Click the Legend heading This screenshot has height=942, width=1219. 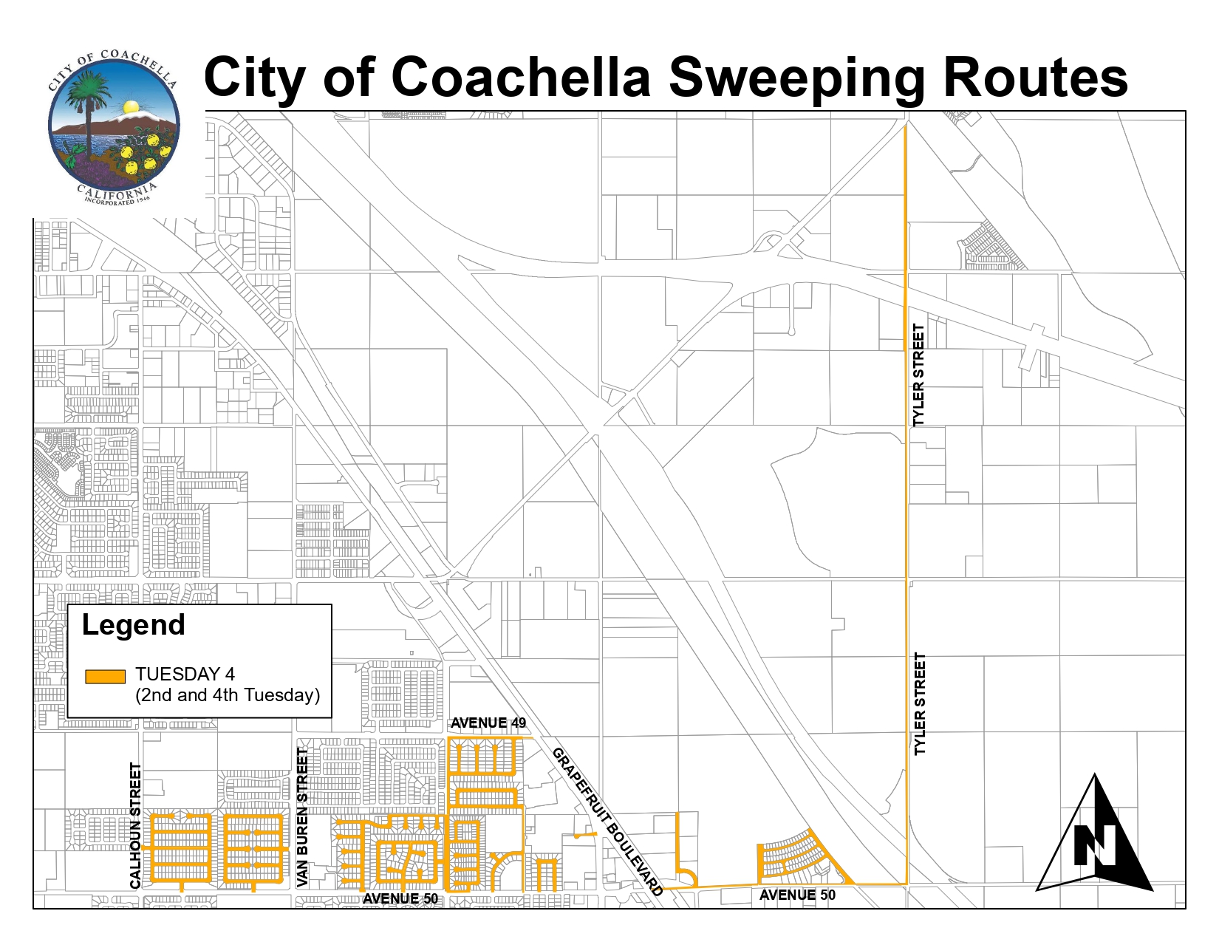(x=133, y=625)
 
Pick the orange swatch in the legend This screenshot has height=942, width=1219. (x=105, y=676)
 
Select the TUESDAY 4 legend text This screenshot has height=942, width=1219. (x=185, y=674)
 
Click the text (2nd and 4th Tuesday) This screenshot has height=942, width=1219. (x=228, y=695)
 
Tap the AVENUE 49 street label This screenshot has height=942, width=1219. (x=488, y=723)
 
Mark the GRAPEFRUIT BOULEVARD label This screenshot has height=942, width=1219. (x=607, y=822)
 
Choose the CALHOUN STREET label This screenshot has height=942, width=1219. (x=135, y=825)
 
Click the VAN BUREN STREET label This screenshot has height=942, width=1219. (x=302, y=817)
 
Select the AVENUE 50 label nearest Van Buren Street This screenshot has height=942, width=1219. (x=400, y=898)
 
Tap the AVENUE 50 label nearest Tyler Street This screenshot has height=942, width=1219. (x=797, y=895)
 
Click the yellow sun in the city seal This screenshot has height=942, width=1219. (x=131, y=108)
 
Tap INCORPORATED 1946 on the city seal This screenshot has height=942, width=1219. (x=117, y=200)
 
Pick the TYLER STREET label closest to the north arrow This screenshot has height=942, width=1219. (x=920, y=703)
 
